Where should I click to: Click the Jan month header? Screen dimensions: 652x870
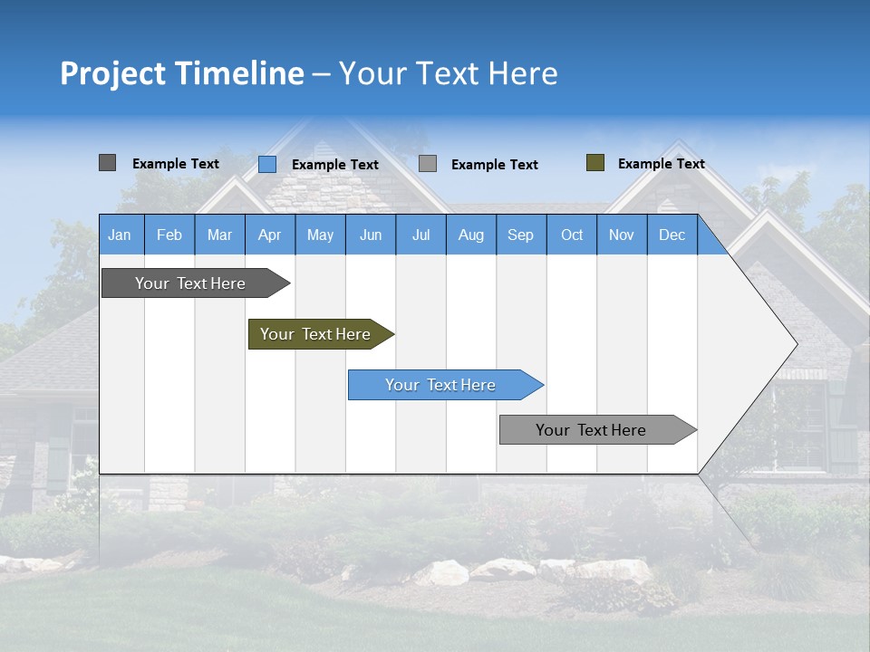(x=120, y=235)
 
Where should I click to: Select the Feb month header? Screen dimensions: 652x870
(x=169, y=235)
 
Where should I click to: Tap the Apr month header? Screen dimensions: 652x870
(x=269, y=235)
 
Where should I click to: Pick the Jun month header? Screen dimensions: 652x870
(x=371, y=235)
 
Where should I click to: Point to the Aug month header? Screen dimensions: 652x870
(x=470, y=235)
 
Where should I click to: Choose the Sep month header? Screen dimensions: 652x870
(x=520, y=235)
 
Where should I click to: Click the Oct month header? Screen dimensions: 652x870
(x=572, y=235)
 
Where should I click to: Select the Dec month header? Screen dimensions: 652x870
(x=672, y=235)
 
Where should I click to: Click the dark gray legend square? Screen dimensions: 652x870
(x=107, y=163)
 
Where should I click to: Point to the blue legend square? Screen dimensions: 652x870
(x=267, y=164)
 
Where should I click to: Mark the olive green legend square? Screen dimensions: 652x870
(x=595, y=163)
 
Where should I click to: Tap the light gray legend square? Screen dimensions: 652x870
(x=428, y=164)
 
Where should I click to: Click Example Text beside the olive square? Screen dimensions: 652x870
(x=661, y=164)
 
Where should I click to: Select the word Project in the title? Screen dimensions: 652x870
(x=111, y=73)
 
